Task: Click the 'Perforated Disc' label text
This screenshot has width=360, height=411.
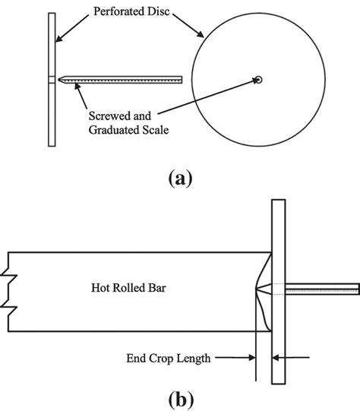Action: click(127, 12)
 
